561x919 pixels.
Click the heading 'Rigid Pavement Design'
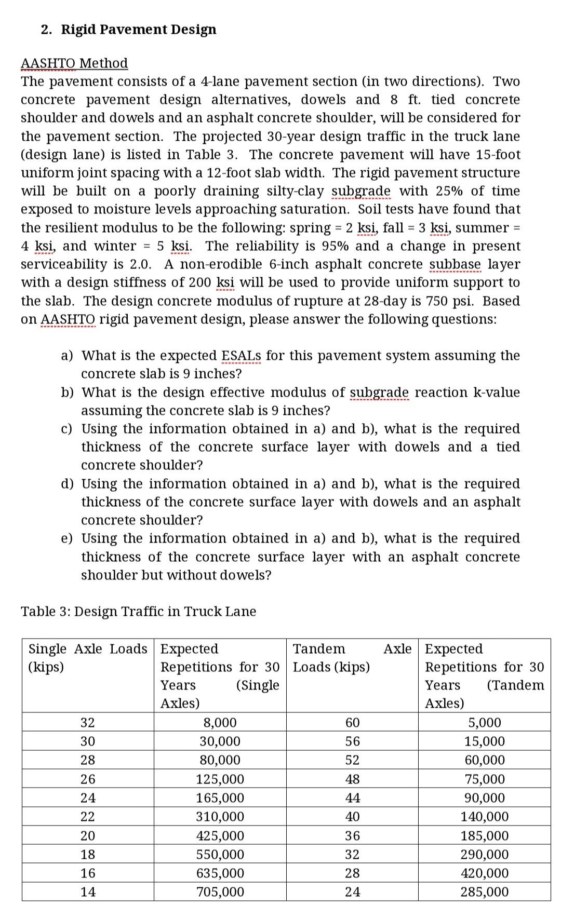click(139, 30)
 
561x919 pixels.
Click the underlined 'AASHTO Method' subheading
click(74, 63)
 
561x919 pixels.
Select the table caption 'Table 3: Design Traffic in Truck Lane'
click(138, 611)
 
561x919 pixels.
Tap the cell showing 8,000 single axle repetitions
click(220, 723)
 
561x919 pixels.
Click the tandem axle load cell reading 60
click(352, 723)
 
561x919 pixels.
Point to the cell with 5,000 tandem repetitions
click(485, 723)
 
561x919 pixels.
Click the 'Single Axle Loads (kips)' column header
click(88, 657)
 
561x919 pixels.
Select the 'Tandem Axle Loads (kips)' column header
click(352, 657)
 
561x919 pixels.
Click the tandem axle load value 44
click(352, 798)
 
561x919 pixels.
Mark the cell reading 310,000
click(220, 816)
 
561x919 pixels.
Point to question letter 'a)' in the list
click(66, 356)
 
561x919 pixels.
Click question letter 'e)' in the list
click(66, 538)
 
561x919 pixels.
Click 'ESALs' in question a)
click(241, 356)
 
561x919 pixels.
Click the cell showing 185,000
click(485, 835)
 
